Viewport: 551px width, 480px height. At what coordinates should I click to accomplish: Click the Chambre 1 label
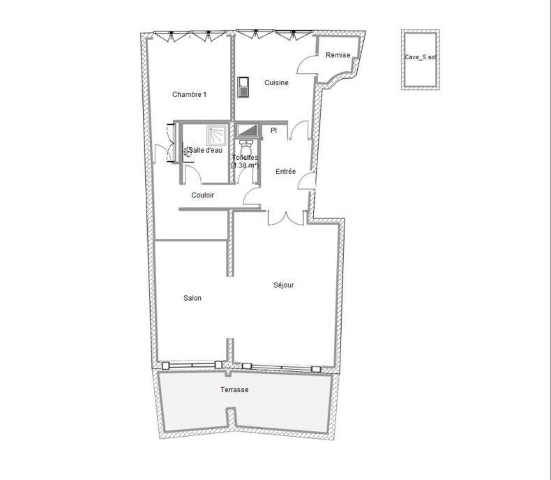tap(189, 95)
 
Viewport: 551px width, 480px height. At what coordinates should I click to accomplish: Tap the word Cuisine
tap(276, 83)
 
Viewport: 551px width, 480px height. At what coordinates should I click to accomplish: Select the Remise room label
tap(338, 55)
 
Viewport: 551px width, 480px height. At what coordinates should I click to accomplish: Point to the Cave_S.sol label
tap(420, 59)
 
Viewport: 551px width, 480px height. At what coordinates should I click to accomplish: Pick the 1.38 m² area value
tap(245, 165)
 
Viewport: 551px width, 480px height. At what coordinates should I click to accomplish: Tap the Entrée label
tap(286, 172)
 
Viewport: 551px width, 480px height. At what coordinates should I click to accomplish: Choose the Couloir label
tap(202, 195)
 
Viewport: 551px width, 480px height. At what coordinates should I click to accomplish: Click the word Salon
tap(193, 299)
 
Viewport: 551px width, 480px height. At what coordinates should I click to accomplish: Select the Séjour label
tap(284, 285)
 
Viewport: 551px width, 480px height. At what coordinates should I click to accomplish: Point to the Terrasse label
tap(234, 390)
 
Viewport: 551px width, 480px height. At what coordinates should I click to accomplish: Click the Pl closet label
tap(273, 130)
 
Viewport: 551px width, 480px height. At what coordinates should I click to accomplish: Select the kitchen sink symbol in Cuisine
tap(243, 87)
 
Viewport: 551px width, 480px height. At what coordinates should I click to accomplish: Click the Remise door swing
tap(307, 65)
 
